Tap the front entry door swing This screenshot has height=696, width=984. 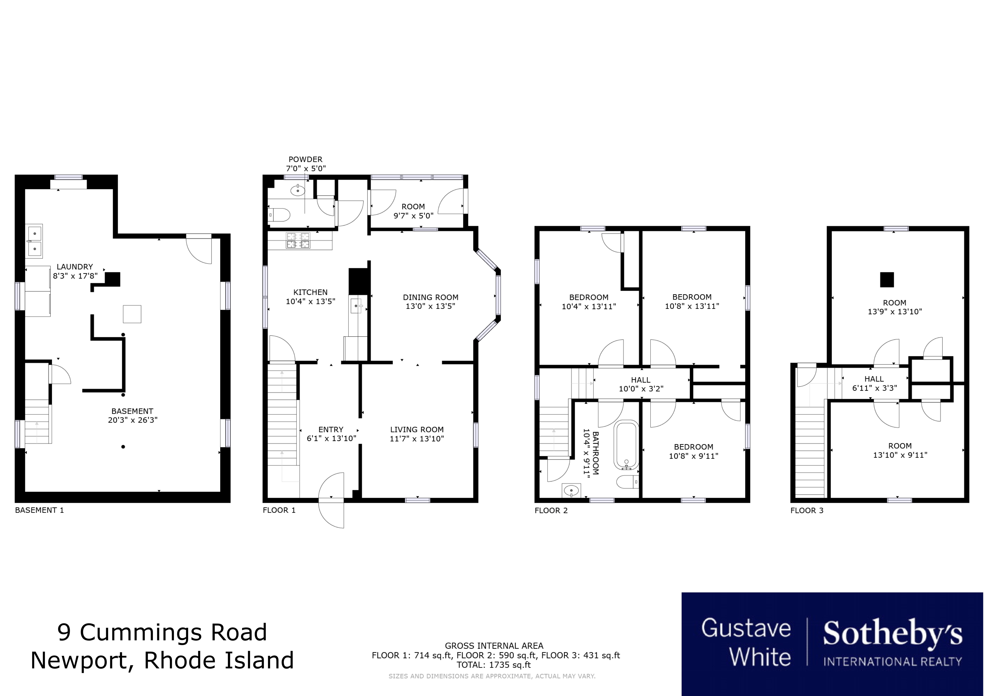coord(331,500)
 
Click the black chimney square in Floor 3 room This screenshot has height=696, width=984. coord(887,280)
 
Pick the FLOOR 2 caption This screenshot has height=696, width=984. coord(551,510)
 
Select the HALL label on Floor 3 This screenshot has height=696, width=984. coord(874,379)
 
